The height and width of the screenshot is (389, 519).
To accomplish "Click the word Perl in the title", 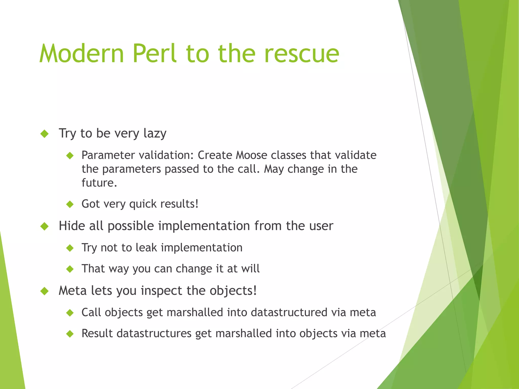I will click(154, 54).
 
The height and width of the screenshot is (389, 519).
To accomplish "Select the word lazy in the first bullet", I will click(155, 133).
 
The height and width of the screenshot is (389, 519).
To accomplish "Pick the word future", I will click(99, 183).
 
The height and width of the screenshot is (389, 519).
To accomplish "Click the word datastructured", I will click(289, 312).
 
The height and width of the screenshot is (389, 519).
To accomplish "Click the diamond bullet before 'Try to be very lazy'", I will click(45, 134).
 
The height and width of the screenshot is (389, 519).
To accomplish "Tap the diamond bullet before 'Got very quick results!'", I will click(70, 204).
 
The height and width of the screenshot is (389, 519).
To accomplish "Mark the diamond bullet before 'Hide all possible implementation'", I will click(45, 226).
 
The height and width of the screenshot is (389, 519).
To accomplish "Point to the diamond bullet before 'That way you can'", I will click(70, 269).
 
